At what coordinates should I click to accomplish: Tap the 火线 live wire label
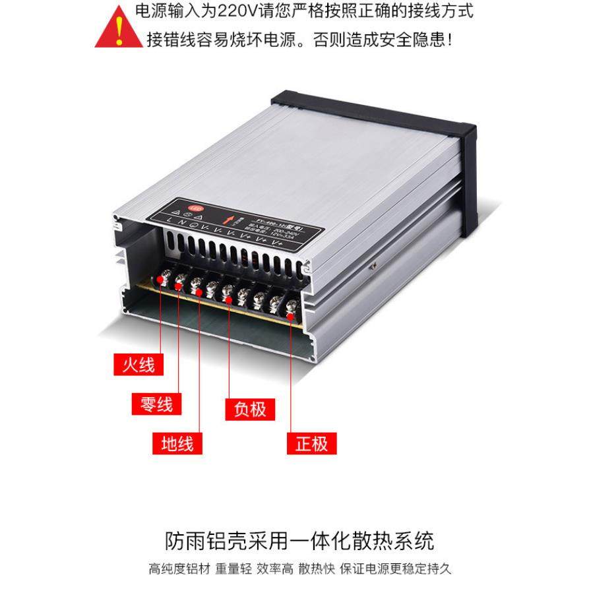coord(139,363)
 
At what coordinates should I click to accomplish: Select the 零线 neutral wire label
coord(156,404)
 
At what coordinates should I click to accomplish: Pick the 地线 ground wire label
coord(177,443)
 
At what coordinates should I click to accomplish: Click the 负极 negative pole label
coord(250,409)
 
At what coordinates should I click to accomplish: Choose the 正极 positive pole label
coord(311,443)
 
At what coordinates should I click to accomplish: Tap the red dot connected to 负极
coord(228,301)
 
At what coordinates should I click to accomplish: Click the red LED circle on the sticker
coord(195,206)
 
